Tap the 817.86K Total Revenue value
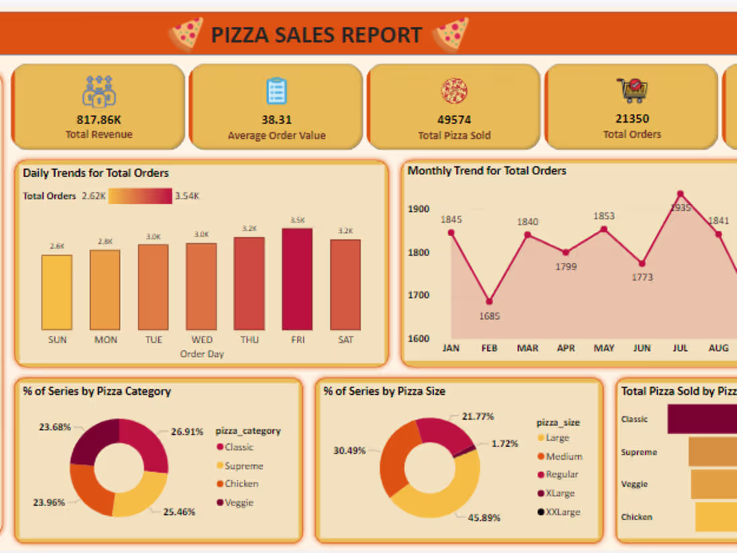(98, 120)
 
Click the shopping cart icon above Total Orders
(632, 90)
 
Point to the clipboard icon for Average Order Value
(277, 90)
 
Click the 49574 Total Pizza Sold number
(454, 120)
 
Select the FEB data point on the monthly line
(489, 302)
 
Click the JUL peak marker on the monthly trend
(681, 194)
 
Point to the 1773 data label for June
(642, 277)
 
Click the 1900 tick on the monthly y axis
(419, 209)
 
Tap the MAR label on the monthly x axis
(528, 349)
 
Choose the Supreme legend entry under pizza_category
(243, 466)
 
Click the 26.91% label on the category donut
(187, 432)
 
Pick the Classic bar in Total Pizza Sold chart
(701, 419)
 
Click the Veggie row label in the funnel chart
(634, 484)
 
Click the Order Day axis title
(202, 354)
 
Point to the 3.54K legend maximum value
(187, 196)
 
